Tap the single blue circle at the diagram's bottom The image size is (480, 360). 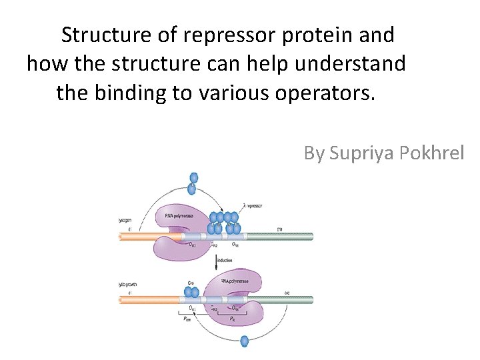point(244,341)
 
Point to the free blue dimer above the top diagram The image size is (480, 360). point(193,183)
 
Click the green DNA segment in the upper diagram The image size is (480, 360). point(280,236)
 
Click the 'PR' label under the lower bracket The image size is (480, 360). point(232,321)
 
